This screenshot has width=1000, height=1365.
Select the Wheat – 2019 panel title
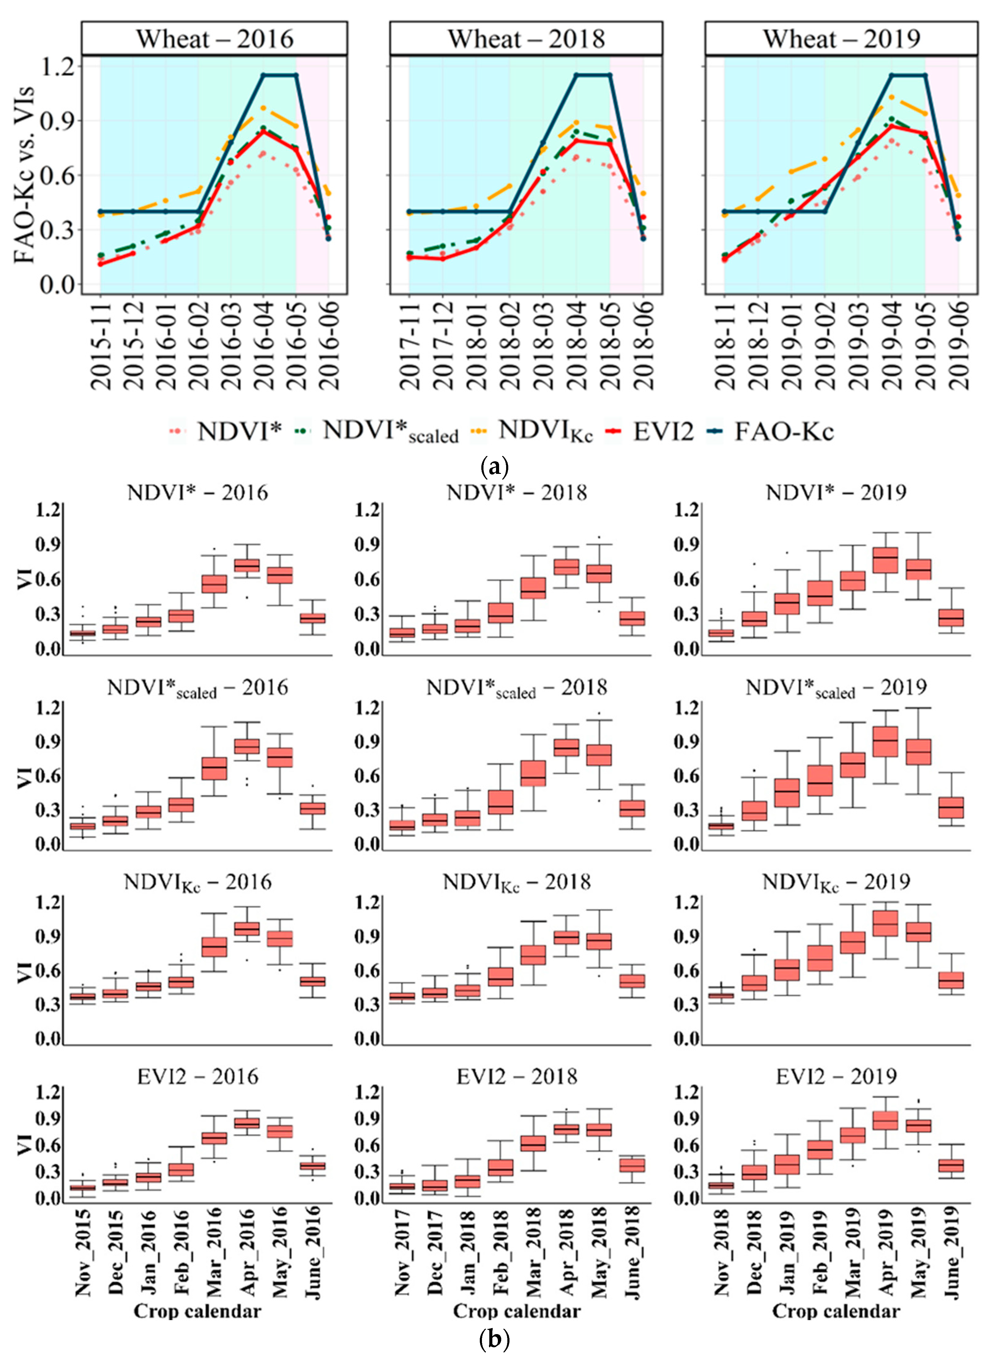841,39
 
